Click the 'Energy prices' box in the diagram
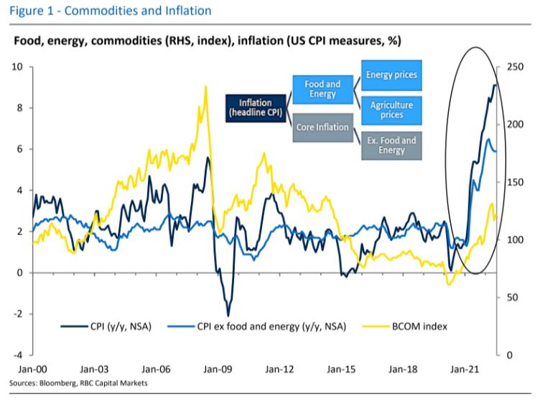coord(391,76)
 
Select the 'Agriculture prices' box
coord(391,109)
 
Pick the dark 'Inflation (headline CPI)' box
coord(256,109)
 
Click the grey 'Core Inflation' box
coord(322,127)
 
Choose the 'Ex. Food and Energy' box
coord(391,145)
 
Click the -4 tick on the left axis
coord(19,355)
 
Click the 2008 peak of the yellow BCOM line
coord(206,86)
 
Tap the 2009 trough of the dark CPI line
coord(228,315)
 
